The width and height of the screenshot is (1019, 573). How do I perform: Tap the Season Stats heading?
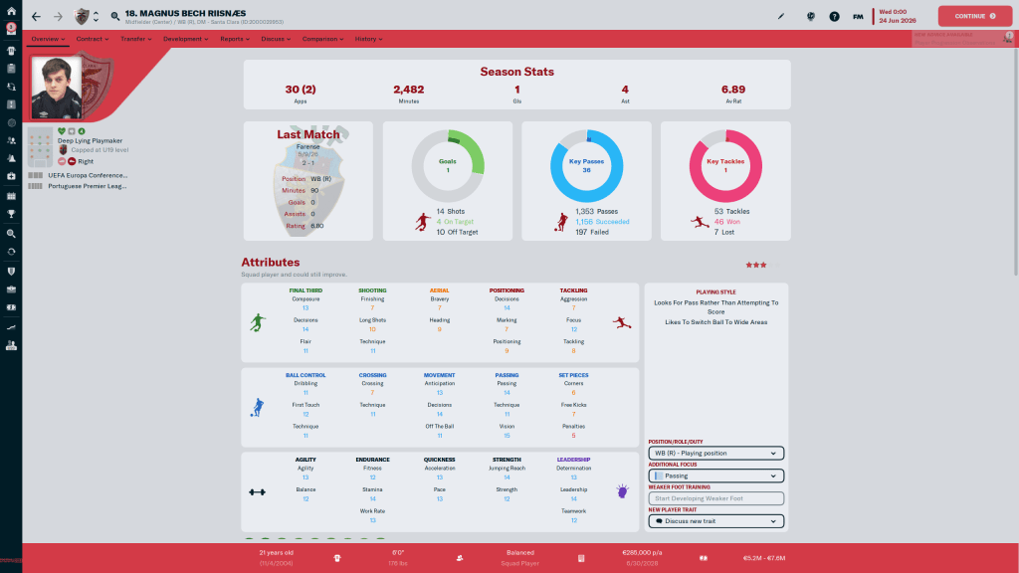tap(516, 72)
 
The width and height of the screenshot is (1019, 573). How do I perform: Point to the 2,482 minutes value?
tap(408, 90)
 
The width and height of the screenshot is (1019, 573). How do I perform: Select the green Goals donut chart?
tap(448, 165)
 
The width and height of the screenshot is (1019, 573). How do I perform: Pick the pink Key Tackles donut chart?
tap(725, 165)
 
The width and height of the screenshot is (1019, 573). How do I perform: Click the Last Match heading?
tap(307, 134)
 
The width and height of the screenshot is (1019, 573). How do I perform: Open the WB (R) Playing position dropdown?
tap(715, 453)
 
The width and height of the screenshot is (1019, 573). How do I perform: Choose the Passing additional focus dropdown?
tap(715, 476)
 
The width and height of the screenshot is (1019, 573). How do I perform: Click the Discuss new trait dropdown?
tap(715, 521)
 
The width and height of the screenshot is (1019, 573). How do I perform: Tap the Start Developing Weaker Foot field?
tap(715, 498)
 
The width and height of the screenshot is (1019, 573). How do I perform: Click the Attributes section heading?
tap(270, 263)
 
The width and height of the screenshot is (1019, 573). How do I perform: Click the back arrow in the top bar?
tap(37, 16)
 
